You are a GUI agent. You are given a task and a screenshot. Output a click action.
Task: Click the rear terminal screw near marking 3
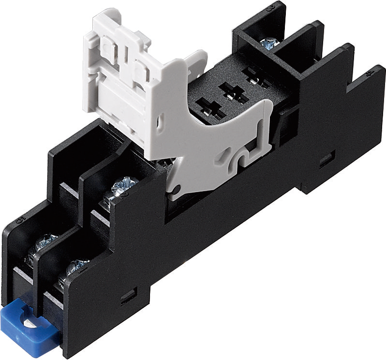tap(267, 44)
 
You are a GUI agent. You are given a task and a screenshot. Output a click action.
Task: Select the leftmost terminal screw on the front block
tap(46, 240)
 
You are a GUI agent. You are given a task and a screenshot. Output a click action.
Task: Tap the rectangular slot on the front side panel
tap(129, 293)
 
